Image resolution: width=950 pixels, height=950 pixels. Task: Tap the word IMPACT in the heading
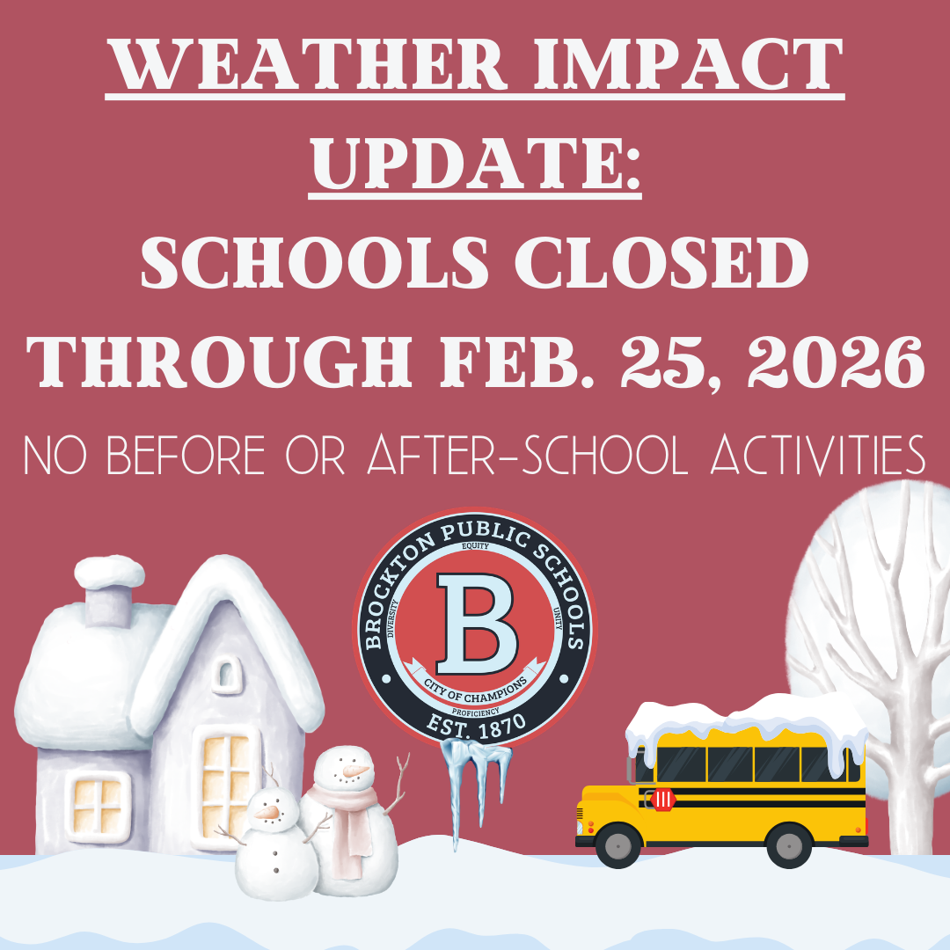688,63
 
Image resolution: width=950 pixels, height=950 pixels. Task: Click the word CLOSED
661,262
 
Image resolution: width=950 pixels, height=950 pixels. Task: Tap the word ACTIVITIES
818,455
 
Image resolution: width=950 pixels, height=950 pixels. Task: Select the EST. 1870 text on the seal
476,725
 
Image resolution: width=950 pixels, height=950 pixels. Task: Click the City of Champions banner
475,684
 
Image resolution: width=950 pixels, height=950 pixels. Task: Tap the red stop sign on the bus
663,800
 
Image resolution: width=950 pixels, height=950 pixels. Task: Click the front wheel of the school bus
618,845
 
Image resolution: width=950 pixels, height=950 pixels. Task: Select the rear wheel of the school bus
789,845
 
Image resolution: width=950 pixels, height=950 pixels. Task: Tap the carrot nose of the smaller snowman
267,812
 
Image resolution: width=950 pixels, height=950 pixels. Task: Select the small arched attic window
226,675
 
